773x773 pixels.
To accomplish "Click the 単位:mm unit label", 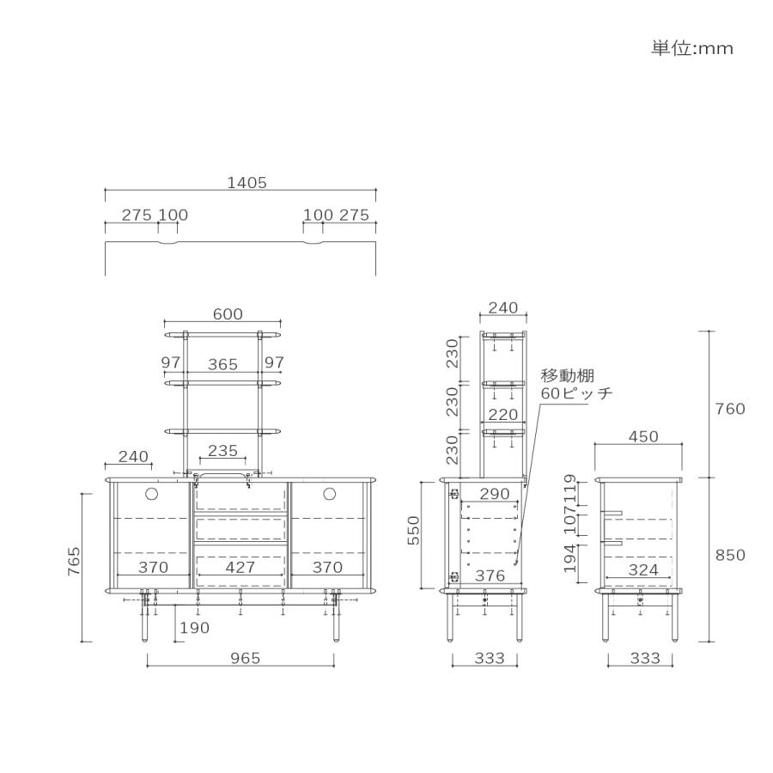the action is tap(691, 48).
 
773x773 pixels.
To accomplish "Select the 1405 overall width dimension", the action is tap(247, 183).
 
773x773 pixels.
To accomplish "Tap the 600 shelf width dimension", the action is tap(228, 314).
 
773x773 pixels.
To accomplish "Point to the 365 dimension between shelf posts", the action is tap(222, 364).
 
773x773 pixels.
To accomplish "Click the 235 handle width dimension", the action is tap(222, 451).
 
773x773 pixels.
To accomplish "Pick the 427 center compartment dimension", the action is tap(240, 568).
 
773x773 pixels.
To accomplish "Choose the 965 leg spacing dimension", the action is tap(245, 658).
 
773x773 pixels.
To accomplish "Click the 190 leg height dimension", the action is tap(194, 628).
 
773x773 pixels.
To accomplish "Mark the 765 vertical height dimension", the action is tap(74, 562).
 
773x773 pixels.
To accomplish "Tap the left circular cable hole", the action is tap(151, 494).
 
